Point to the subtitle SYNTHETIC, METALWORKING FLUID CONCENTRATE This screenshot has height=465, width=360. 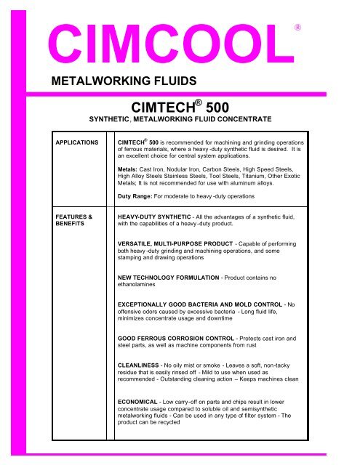point(180,118)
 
